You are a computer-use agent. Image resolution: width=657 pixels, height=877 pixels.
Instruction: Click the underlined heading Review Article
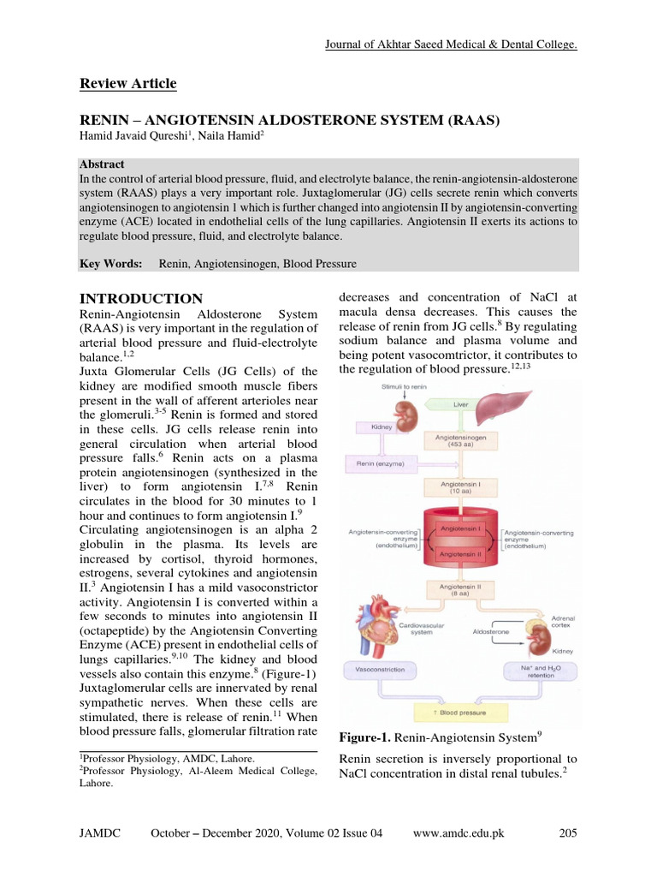pos(128,83)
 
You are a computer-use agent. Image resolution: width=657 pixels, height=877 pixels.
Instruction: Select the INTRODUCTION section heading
pos(141,299)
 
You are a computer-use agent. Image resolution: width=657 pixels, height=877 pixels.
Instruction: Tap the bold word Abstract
pos(102,164)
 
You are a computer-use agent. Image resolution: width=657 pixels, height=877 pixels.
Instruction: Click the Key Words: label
pos(111,265)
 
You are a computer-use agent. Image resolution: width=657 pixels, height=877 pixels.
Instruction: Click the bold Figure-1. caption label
pos(367,737)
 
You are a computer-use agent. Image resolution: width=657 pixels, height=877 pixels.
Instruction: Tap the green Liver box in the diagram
pos(459,403)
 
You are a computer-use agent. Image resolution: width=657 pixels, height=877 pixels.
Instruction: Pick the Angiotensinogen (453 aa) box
pos(459,440)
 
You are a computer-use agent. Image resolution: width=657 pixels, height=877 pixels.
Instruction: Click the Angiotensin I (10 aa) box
pos(459,487)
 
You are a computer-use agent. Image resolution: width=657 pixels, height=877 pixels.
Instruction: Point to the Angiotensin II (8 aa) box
pos(459,590)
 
